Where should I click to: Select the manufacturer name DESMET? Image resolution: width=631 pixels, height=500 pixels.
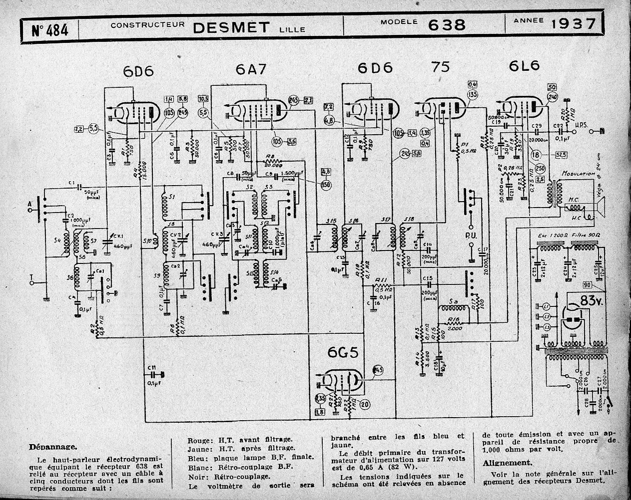pos(230,26)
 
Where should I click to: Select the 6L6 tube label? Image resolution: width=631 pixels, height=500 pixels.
pos(525,66)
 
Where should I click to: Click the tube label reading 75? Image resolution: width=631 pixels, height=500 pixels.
pos(441,67)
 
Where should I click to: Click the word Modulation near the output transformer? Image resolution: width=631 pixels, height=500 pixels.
pos(579,174)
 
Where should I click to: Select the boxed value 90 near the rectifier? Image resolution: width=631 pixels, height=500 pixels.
pos(601,284)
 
